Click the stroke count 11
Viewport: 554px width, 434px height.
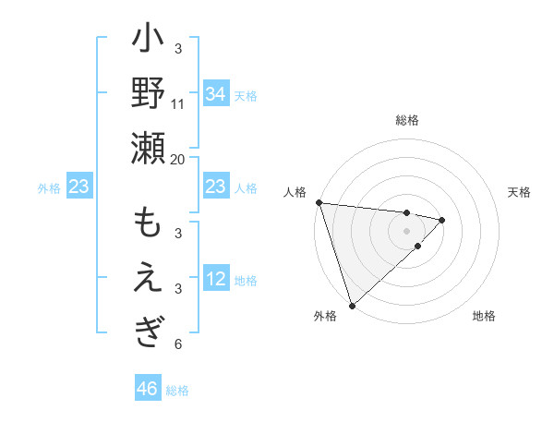[178, 103]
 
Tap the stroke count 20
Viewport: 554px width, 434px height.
[178, 158]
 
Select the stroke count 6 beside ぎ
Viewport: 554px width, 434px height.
[178, 344]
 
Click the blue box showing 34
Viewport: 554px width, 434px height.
[215, 93]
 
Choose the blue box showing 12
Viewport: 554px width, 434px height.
[215, 279]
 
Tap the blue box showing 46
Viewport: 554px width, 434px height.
[147, 389]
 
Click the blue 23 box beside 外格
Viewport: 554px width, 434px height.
[78, 187]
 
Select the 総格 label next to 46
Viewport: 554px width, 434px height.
[177, 391]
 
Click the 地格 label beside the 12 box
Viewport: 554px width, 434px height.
[246, 280]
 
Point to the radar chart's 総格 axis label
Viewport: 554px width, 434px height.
[406, 120]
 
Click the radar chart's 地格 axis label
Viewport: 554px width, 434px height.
[484, 316]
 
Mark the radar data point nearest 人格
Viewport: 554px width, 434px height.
[319, 202]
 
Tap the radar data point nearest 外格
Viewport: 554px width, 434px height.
[352, 305]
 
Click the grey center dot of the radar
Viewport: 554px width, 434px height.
[406, 230]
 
